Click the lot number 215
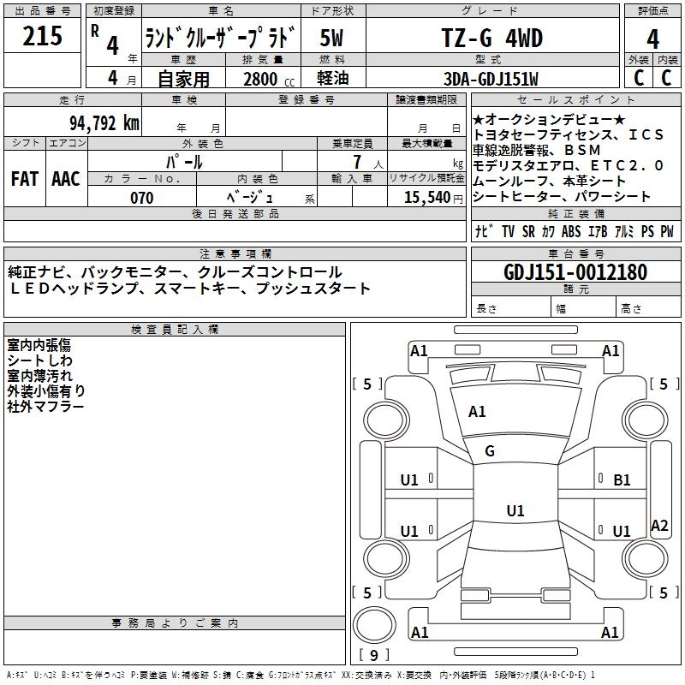pos(42,36)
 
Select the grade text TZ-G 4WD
pos(491,38)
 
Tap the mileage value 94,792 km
pos(104,122)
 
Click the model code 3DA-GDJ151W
pos(491,79)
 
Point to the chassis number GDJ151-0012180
pos(575,272)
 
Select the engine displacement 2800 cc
pos(269,79)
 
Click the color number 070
pos(142,198)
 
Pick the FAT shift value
pos(25,179)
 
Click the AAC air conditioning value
pos(66,179)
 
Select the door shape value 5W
pos(331,38)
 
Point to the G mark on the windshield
pos(490,451)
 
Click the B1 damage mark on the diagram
pos(622,480)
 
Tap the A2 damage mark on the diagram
pos(659,525)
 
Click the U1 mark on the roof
pos(515,510)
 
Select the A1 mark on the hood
pos(477,412)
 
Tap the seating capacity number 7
pos(357,162)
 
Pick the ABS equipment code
pos(571,231)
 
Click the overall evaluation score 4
pos(652,39)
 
